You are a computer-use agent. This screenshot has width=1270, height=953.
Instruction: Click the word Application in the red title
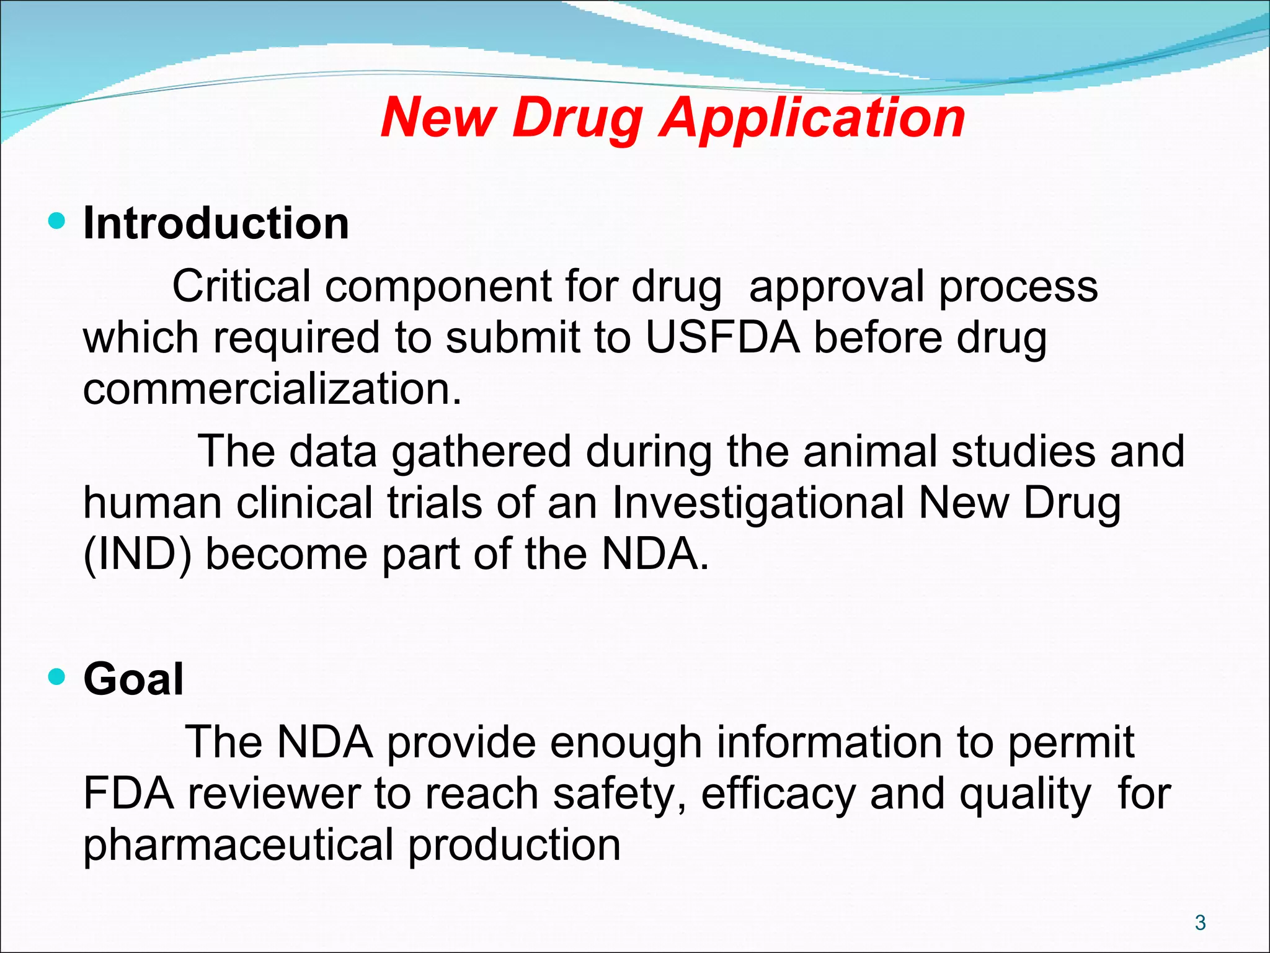pyautogui.click(x=812, y=118)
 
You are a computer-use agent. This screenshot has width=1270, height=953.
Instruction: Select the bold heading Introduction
pyautogui.click(x=216, y=223)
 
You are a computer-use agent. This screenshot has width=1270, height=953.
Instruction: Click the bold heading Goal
pyautogui.click(x=133, y=679)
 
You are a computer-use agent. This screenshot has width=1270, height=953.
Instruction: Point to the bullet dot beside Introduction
pyautogui.click(x=56, y=221)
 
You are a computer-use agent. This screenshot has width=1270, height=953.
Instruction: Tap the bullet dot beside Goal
pyautogui.click(x=56, y=677)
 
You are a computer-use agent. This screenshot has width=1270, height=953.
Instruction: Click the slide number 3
pyautogui.click(x=1200, y=923)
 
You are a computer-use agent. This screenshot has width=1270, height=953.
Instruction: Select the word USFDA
pyautogui.click(x=722, y=338)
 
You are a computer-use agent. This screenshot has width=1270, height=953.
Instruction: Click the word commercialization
pyautogui.click(x=272, y=389)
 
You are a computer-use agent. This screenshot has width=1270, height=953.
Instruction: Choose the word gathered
pyautogui.click(x=481, y=452)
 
